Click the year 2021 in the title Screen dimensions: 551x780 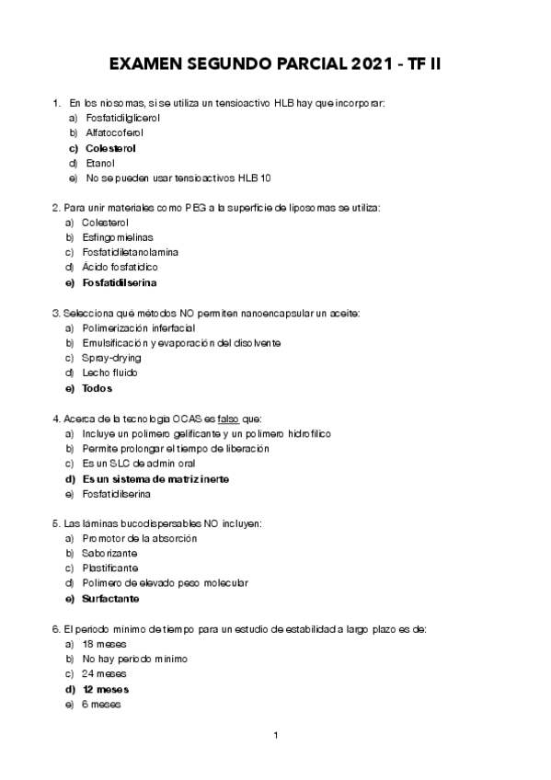coord(375,65)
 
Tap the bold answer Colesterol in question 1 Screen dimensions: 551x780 coord(110,147)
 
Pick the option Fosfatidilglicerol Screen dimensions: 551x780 coord(122,118)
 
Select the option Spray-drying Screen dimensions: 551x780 coord(110,357)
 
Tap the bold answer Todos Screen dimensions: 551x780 coord(97,388)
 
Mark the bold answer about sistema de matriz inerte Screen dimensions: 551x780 coord(155,479)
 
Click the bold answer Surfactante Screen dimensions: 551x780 coord(110,599)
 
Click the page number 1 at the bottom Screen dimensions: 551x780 coord(276,735)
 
